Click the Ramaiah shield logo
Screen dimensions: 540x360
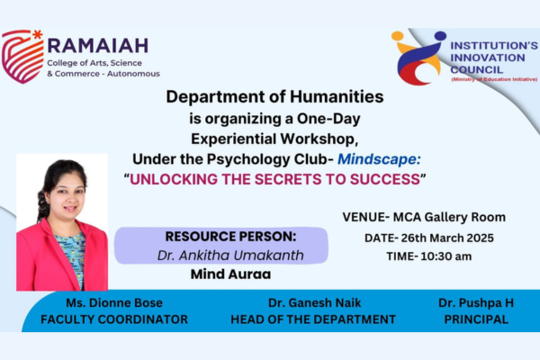pyautogui.click(x=22, y=57)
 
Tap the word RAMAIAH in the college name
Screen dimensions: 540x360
pyautogui.click(x=98, y=46)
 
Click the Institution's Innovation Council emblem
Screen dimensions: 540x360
pyautogui.click(x=418, y=58)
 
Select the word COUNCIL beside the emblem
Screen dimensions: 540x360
pyautogui.click(x=477, y=70)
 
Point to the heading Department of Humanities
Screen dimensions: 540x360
pyautogui.click(x=274, y=97)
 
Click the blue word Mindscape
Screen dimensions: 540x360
pyautogui.click(x=379, y=159)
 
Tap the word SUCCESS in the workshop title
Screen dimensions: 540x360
pyautogui.click(x=385, y=179)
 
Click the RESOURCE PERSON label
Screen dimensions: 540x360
pyautogui.click(x=230, y=237)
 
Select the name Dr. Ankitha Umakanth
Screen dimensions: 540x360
pyautogui.click(x=230, y=256)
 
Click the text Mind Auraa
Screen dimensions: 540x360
pyautogui.click(x=230, y=274)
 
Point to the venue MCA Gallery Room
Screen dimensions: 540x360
pyautogui.click(x=449, y=218)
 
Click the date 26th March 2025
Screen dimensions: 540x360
pyautogui.click(x=447, y=238)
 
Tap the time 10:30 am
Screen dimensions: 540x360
pyautogui.click(x=446, y=256)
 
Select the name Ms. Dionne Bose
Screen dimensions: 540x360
pyautogui.click(x=114, y=302)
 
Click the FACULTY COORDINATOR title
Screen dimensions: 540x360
pyautogui.click(x=114, y=319)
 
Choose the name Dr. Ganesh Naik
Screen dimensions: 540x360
pyautogui.click(x=315, y=302)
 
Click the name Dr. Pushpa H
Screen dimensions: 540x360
pyautogui.click(x=476, y=302)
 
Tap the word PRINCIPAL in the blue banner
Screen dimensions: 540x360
pyautogui.click(x=476, y=319)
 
